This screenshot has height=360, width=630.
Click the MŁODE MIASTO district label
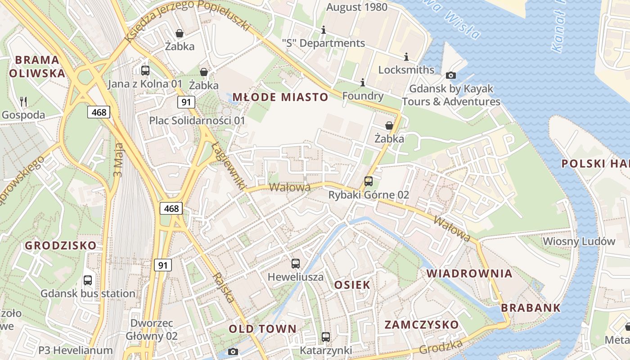(280, 97)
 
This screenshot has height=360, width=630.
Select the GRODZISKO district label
(60, 245)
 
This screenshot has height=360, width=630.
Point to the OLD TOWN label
(263, 329)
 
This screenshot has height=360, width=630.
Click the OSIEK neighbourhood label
(352, 284)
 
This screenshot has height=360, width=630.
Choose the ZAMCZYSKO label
(422, 324)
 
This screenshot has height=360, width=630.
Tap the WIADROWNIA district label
(469, 273)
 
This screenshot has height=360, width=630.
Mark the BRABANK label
(531, 308)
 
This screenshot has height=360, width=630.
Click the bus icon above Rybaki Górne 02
(369, 181)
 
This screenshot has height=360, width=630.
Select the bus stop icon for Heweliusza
(296, 264)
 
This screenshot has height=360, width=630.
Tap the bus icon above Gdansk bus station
(88, 280)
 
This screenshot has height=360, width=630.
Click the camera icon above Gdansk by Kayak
(451, 75)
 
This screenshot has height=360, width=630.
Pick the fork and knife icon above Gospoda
(23, 101)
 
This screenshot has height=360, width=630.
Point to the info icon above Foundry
(363, 83)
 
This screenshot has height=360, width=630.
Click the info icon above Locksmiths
(406, 57)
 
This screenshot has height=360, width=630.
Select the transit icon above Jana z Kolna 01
(145, 70)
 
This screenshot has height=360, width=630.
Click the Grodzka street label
(441, 346)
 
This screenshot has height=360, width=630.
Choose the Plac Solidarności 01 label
(197, 121)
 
